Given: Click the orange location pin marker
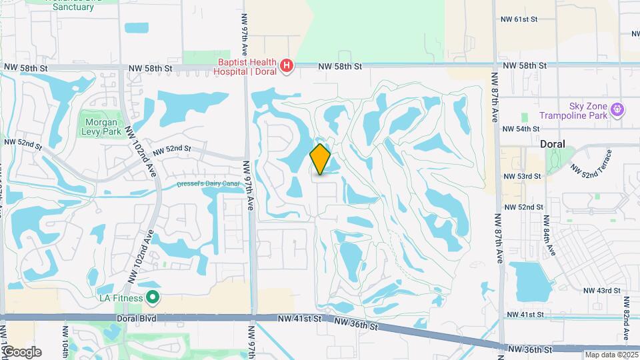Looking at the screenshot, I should [x=321, y=159].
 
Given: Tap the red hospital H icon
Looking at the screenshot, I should [x=287, y=65].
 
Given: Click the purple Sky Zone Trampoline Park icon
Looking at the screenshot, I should [x=618, y=108].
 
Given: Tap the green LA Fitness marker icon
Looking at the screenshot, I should [x=153, y=297].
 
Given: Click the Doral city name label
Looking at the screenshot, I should [x=553, y=144].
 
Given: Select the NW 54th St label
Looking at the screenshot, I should [x=521, y=129].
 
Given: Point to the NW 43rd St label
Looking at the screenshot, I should [x=601, y=291].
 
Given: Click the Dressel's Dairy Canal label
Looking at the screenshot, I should [x=208, y=185].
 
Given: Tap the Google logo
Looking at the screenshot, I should [x=22, y=351].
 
